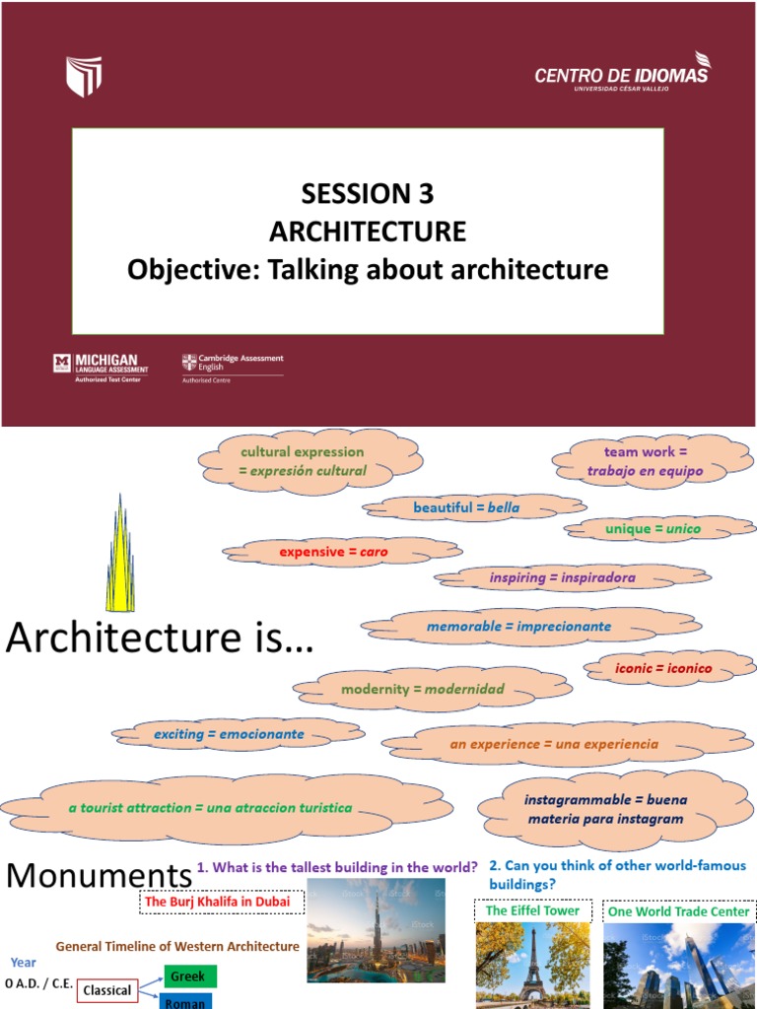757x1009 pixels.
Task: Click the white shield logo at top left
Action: pos(84,76)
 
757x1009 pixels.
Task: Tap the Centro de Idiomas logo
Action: pos(621,74)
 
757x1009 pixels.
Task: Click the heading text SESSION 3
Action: pos(367,192)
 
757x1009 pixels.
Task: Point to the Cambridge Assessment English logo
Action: pos(233,367)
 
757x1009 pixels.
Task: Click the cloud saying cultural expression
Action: pos(302,461)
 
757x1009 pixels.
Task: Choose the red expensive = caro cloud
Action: pos(333,552)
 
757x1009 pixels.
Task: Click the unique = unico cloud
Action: pos(653,529)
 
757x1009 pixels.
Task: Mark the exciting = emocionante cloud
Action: pos(230,734)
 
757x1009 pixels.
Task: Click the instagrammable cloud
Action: pos(605,809)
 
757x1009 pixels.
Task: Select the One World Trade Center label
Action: pos(678,911)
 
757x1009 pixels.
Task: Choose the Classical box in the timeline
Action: pos(107,990)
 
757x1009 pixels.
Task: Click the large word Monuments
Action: pos(99,875)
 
